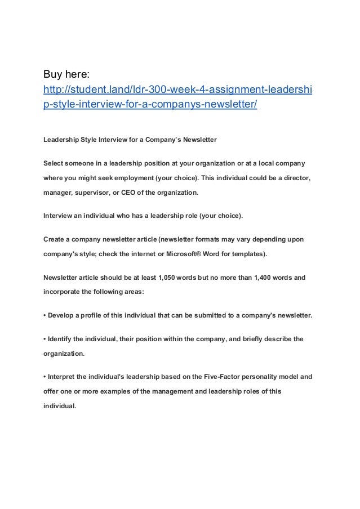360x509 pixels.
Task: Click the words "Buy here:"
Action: (x=65, y=74)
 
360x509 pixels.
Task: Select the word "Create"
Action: (x=55, y=239)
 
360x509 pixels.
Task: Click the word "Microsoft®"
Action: (x=187, y=254)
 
